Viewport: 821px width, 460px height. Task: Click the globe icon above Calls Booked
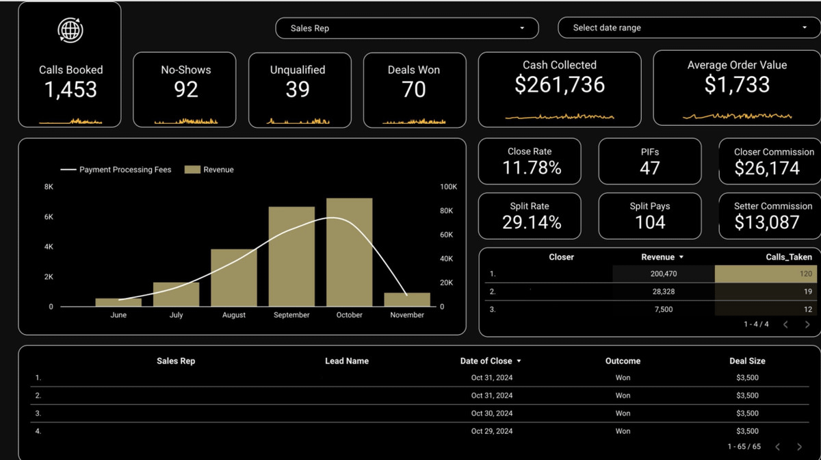pyautogui.click(x=70, y=30)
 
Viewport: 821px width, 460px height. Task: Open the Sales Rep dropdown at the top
pyautogui.click(x=406, y=28)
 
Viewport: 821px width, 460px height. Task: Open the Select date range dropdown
pyautogui.click(x=689, y=28)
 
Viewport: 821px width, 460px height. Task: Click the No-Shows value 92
pyautogui.click(x=185, y=90)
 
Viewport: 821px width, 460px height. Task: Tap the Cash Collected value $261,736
pyautogui.click(x=560, y=84)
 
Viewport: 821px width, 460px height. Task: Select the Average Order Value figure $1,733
pyautogui.click(x=737, y=84)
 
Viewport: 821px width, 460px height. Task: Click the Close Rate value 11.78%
pyautogui.click(x=532, y=168)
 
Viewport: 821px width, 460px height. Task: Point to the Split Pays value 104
pyautogui.click(x=649, y=222)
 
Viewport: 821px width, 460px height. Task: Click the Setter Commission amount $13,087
pyautogui.click(x=766, y=222)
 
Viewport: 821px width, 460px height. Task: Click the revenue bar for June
pyautogui.click(x=118, y=302)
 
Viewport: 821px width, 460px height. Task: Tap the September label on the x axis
pyautogui.click(x=291, y=315)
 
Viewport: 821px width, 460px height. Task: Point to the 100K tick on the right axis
pyautogui.click(x=448, y=187)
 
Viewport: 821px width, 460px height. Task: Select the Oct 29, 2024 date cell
pyautogui.click(x=491, y=431)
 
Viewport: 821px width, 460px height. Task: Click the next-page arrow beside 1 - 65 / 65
pyautogui.click(x=799, y=446)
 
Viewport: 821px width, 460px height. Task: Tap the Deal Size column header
pyautogui.click(x=747, y=361)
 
